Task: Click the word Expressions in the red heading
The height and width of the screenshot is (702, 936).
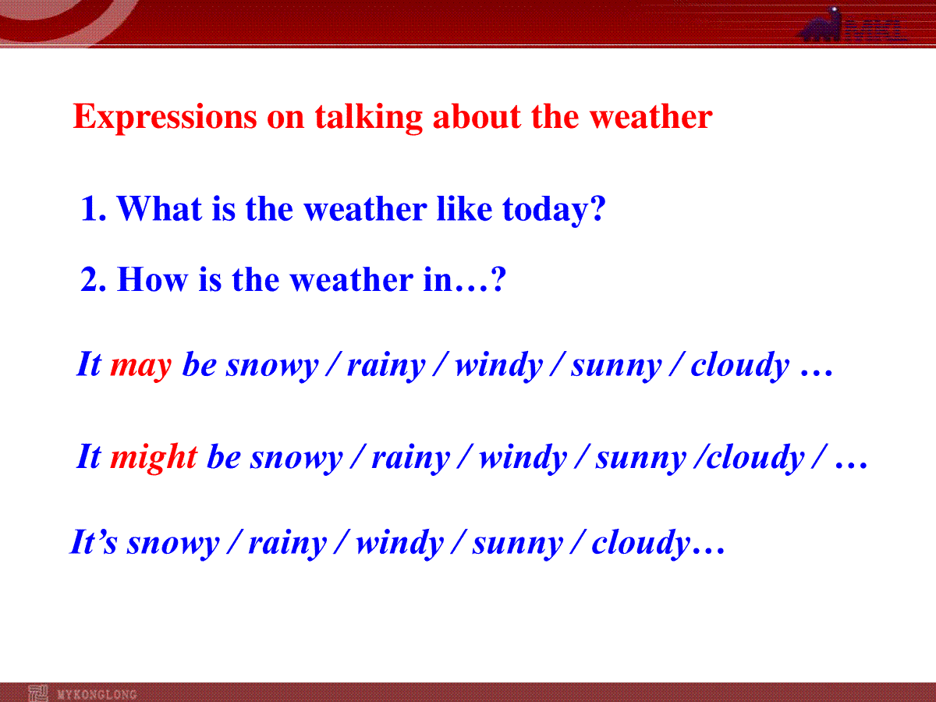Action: tap(165, 117)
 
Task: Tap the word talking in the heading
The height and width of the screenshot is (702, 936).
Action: tap(368, 117)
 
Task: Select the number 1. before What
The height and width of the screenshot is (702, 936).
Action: tap(94, 209)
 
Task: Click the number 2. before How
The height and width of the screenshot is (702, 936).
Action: tap(93, 279)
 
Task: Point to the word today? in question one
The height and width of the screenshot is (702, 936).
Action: tap(554, 210)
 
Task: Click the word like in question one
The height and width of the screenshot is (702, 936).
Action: tap(464, 208)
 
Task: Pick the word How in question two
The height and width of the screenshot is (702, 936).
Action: tap(152, 279)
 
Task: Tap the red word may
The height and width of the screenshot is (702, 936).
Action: tap(141, 367)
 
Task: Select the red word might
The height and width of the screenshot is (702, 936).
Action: tap(154, 458)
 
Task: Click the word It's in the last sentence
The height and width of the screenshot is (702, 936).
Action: tap(94, 542)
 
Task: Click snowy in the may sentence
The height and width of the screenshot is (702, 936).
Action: tap(272, 367)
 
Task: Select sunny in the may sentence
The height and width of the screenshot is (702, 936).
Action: tap(617, 367)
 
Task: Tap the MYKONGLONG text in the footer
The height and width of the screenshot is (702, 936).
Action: tap(97, 695)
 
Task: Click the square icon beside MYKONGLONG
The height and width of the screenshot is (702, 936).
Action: tap(38, 693)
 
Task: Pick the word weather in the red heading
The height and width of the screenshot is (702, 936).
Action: tap(651, 116)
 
